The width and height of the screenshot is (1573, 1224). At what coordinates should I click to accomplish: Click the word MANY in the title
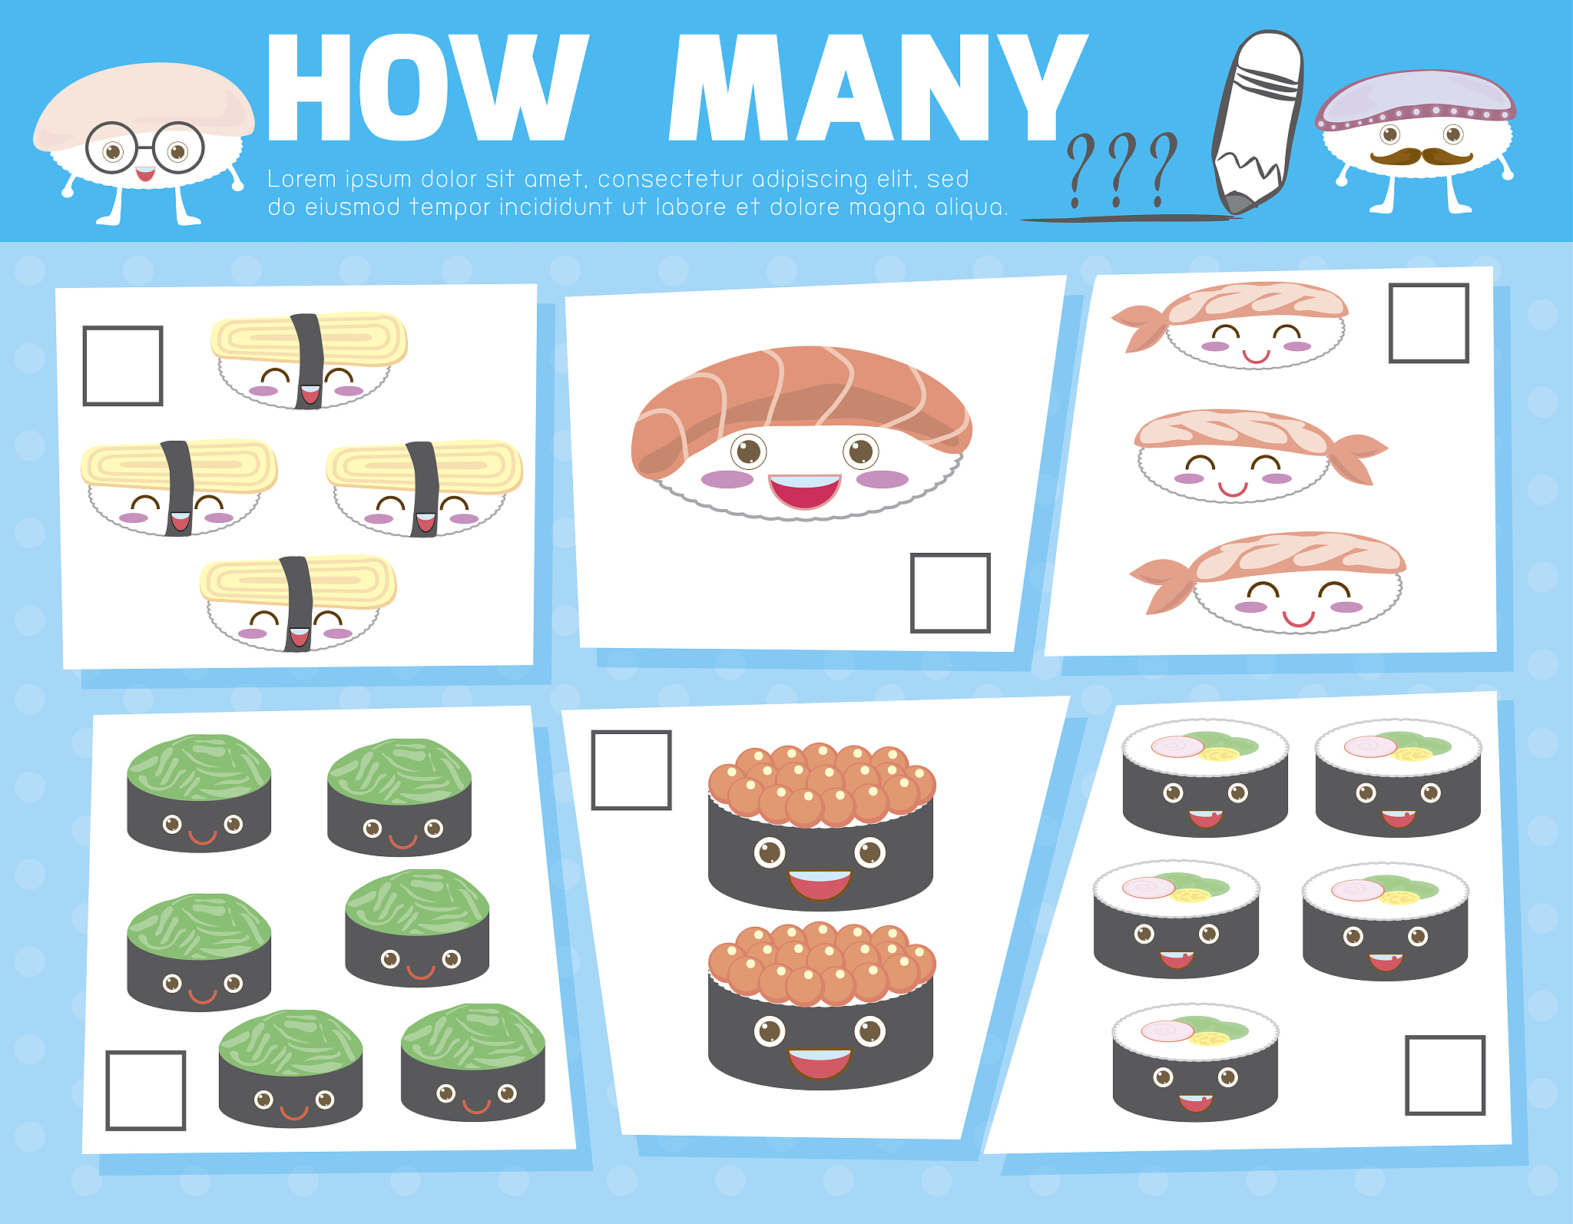click(879, 88)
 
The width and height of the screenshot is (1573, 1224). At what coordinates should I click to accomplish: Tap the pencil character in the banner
click(1257, 121)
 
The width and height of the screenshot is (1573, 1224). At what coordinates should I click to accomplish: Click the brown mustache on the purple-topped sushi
click(1421, 156)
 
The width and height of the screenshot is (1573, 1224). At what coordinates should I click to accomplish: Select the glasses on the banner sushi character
click(144, 147)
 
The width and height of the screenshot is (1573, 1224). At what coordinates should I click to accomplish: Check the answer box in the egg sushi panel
click(123, 366)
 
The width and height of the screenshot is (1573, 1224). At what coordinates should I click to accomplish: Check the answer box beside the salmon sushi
click(950, 593)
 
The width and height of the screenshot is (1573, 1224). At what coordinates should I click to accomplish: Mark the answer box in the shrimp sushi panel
click(1429, 323)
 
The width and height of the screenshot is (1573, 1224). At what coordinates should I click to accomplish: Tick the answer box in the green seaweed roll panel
click(146, 1090)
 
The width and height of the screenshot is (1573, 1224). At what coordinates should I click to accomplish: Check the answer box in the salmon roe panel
click(631, 770)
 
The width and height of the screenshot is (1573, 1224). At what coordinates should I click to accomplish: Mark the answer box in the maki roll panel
click(1445, 1075)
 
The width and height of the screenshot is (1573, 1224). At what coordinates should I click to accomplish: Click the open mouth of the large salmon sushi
click(805, 491)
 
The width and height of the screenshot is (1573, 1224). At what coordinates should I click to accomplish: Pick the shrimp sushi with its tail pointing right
click(1260, 456)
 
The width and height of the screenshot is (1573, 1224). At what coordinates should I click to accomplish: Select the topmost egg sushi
click(309, 360)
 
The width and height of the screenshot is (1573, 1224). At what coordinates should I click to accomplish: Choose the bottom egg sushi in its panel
click(298, 604)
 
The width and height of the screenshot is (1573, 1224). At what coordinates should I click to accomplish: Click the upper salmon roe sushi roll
click(821, 827)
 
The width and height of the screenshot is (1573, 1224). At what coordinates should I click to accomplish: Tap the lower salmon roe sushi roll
click(821, 1006)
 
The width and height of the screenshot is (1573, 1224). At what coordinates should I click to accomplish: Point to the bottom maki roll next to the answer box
click(1195, 1063)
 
